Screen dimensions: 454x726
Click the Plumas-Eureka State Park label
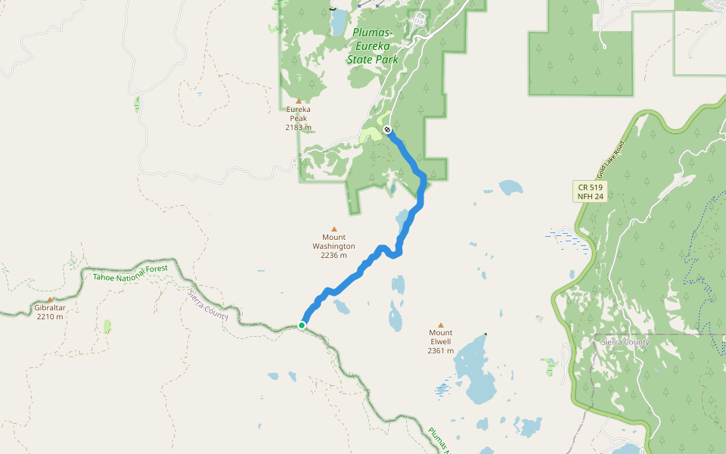pyautogui.click(x=372, y=45)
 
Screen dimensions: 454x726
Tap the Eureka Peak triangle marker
pyautogui.click(x=299, y=101)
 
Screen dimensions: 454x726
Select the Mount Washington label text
pyautogui.click(x=334, y=241)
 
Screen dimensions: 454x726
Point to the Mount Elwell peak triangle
pyautogui.click(x=441, y=325)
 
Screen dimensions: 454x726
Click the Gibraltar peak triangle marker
pyautogui.click(x=50, y=300)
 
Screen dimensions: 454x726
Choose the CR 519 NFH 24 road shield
pyautogui.click(x=590, y=191)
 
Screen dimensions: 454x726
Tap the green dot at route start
pyautogui.click(x=302, y=325)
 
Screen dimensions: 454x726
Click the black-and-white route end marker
pyautogui.click(x=387, y=129)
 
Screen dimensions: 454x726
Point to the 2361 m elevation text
pyautogui.click(x=441, y=350)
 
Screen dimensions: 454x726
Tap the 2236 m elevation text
pyautogui.click(x=334, y=255)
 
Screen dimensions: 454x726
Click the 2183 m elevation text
pyautogui.click(x=299, y=127)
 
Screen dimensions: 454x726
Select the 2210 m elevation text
pyautogui.click(x=50, y=317)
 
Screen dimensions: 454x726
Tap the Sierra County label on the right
pyautogui.click(x=625, y=342)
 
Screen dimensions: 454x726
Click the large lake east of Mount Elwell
pyautogui.click(x=474, y=371)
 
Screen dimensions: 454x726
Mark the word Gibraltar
pyautogui.click(x=50, y=308)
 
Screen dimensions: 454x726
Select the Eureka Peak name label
pyautogui.click(x=299, y=113)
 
